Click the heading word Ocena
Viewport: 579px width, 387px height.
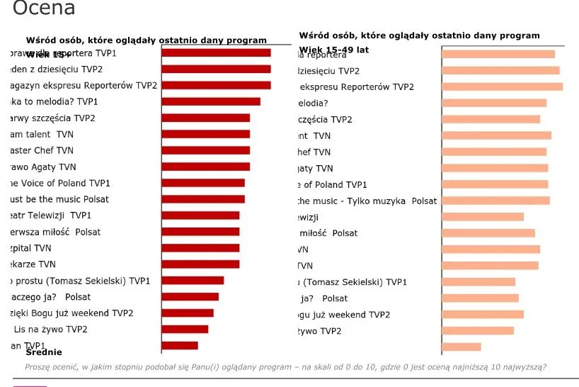tap(44, 9)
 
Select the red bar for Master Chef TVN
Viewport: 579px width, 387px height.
tap(205, 150)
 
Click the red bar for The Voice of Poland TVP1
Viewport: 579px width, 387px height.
tap(203, 183)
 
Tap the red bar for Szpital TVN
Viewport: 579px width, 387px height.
tap(200, 248)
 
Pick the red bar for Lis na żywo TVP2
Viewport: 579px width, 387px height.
tap(185, 330)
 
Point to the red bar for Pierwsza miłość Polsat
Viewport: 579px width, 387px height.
tap(200, 232)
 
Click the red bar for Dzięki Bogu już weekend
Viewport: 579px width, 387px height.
tap(188, 313)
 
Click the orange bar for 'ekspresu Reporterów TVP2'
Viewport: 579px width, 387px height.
tap(502, 86)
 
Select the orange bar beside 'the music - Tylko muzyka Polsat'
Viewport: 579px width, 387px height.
tap(495, 201)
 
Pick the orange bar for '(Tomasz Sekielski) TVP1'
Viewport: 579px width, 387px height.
tap(478, 282)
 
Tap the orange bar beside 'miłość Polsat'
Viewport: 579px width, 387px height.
tap(488, 233)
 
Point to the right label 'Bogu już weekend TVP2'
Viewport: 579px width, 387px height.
tap(343, 315)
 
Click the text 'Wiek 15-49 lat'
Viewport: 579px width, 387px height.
tap(334, 50)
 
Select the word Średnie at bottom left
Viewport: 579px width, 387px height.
tap(44, 352)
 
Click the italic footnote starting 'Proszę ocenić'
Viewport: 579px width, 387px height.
tap(285, 367)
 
